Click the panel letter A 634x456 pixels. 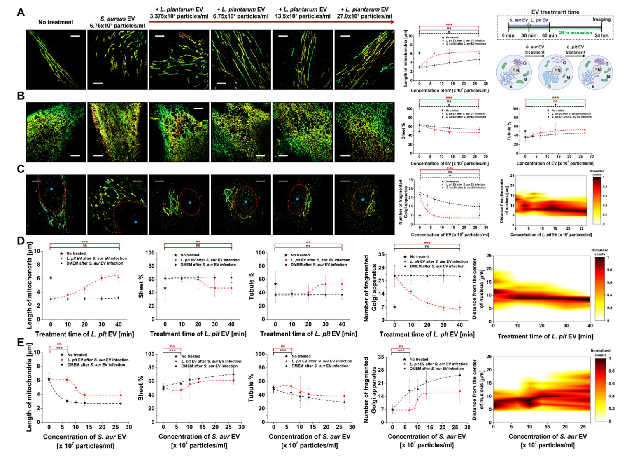21,12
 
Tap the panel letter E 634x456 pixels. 21,343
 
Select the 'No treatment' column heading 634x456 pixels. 56,22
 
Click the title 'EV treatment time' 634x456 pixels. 555,12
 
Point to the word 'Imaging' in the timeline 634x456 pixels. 601,19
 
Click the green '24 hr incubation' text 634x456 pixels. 575,33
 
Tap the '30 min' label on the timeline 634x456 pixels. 529,36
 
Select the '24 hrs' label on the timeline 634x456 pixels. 601,36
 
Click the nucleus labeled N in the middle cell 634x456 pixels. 557,70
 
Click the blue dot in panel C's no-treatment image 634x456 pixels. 51,189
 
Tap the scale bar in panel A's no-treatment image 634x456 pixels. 75,36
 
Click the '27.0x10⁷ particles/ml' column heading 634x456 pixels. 364,16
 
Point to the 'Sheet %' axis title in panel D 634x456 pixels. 141,285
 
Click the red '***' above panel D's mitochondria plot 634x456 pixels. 84,242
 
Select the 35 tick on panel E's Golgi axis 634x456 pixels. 381,357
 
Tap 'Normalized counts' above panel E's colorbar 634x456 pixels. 600,353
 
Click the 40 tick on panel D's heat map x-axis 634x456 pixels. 590,326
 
